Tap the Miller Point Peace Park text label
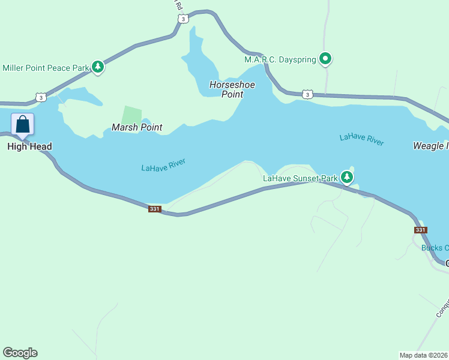pos(46,68)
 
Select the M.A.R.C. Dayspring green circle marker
pos(325,59)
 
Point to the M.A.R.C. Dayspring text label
pos(280,59)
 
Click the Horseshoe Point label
pos(232,89)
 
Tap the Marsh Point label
pos(137,127)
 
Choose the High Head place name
pos(29,146)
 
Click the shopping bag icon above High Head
pos(23,125)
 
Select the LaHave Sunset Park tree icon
pos(347,177)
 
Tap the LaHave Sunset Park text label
pos(300,178)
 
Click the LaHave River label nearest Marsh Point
pos(163,165)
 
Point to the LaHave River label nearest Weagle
pos(361,140)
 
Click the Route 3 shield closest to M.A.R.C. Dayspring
pos(307,94)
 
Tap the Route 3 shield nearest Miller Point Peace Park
pos(40,97)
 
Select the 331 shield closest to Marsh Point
pos(155,209)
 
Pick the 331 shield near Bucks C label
pos(420,230)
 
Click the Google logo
pos(20,353)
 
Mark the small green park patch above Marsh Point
pos(132,115)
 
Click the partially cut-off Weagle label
pos(430,146)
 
